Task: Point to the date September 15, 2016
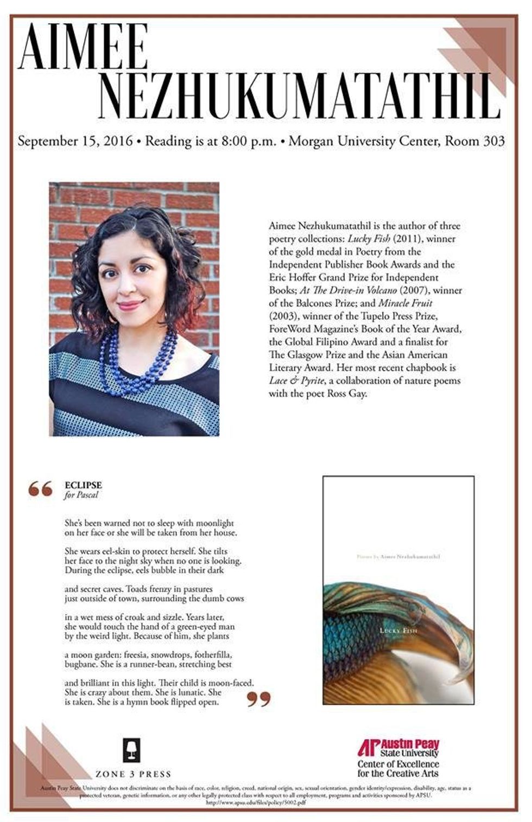pos(75,142)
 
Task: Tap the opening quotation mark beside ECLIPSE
pos(41,489)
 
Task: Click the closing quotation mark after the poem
pos(258,700)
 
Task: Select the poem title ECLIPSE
pos(83,485)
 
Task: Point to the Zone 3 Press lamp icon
pos(132,749)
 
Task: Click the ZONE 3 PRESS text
pos(133,774)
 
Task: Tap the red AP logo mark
pos(368,747)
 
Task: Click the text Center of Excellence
pos(398,764)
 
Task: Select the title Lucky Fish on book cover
pos(398,630)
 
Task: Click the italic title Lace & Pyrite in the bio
pos(293,381)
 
